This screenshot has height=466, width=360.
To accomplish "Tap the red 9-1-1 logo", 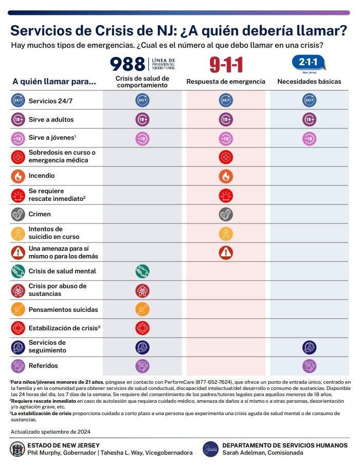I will tap(226, 65).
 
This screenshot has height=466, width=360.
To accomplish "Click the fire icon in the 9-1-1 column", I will tap(226, 176).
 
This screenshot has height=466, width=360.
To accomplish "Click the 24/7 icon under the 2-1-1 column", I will tap(309, 101).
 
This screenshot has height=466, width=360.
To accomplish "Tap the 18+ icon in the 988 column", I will tap(142, 120).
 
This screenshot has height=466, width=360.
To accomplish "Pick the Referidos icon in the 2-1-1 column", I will tap(309, 366).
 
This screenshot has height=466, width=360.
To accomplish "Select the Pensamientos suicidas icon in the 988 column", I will tap(142, 310).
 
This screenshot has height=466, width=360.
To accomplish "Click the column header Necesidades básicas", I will tap(309, 82).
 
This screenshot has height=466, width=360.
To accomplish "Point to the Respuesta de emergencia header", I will tap(226, 82).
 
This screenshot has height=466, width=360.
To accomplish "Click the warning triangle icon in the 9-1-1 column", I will tap(226, 252).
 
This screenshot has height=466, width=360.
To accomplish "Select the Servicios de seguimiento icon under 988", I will tap(142, 347).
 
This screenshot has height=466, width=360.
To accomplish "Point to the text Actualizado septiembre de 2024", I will tap(50, 432).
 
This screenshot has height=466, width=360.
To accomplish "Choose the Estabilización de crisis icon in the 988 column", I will tap(142, 328).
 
